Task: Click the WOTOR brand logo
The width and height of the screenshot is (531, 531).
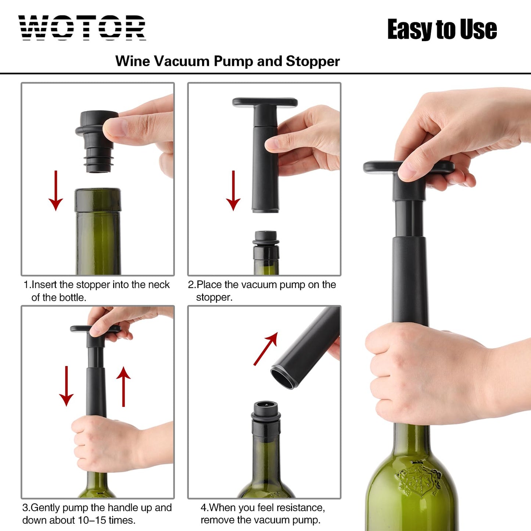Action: (x=82, y=28)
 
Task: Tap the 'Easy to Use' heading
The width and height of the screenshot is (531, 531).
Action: (x=442, y=29)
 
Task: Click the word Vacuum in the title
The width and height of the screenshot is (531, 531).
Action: (x=182, y=61)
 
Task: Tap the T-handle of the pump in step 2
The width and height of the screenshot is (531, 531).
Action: (x=265, y=102)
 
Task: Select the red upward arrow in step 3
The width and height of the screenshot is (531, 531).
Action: (x=123, y=386)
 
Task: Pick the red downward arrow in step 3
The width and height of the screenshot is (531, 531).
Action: (x=67, y=386)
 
